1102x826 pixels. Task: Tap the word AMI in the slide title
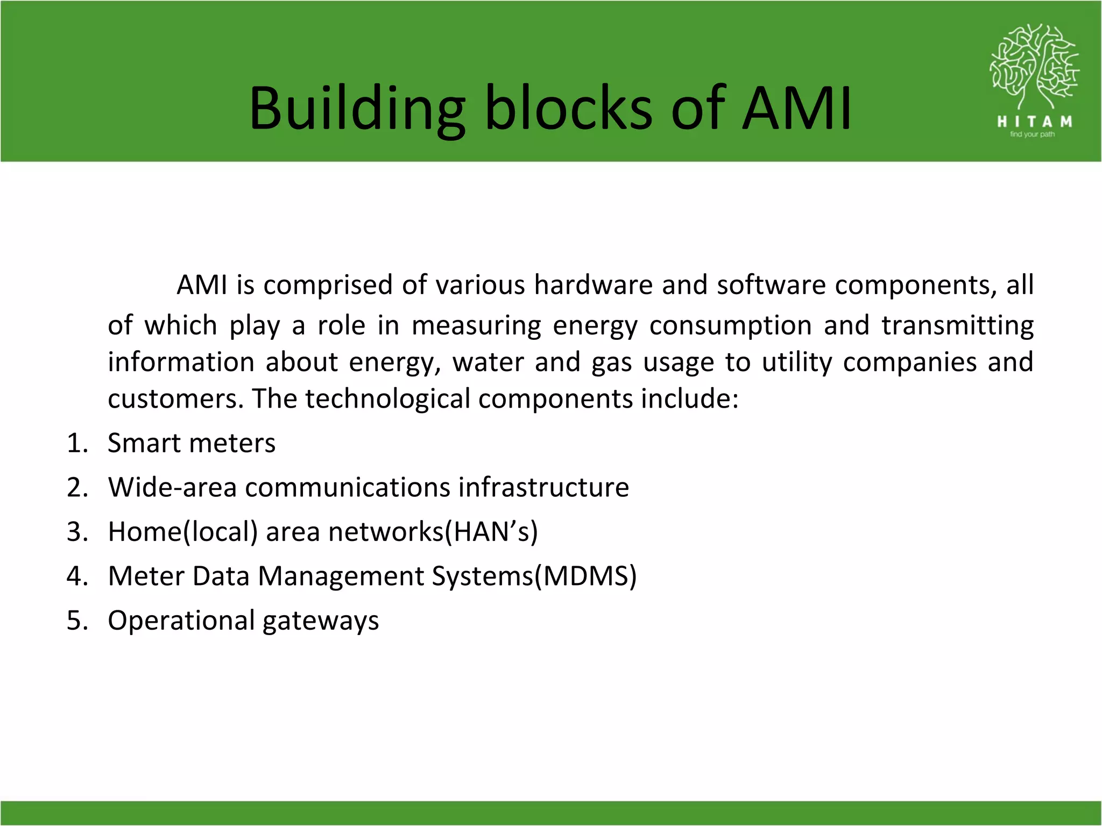tap(797, 109)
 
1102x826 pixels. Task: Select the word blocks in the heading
tap(569, 109)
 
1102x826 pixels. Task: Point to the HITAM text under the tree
tap(1034, 122)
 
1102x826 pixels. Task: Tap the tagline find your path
tap(1032, 134)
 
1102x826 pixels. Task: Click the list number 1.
tap(77, 444)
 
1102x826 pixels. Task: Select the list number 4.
tap(77, 576)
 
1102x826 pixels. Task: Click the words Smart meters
tap(192, 444)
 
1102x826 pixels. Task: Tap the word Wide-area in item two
tap(172, 488)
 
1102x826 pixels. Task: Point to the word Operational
tap(181, 621)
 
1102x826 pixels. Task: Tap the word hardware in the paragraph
tap(593, 285)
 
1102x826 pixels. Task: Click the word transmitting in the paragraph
tap(957, 326)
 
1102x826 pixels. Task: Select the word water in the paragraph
tap(488, 362)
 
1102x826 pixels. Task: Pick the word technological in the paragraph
tap(387, 399)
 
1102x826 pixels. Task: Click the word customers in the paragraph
tap(175, 399)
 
